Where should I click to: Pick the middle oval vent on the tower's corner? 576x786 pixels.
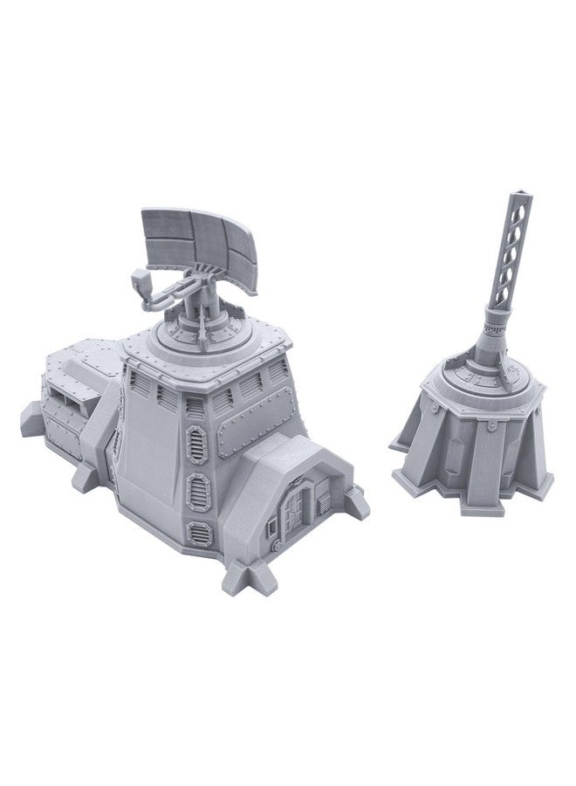click(199, 485)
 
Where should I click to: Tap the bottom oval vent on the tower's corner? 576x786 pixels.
click(202, 530)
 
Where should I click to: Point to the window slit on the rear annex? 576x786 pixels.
click(65, 398)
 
